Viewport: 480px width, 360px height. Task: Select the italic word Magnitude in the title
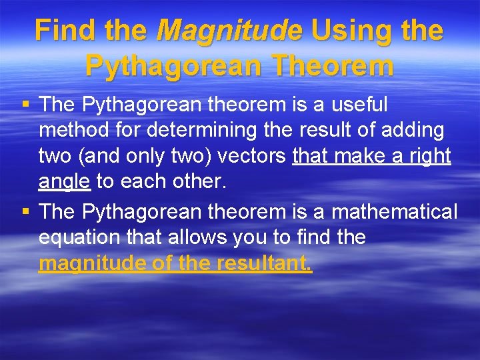(229, 31)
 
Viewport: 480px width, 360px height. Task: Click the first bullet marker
(25, 105)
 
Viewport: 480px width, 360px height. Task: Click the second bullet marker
(25, 212)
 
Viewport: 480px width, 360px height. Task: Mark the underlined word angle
(65, 181)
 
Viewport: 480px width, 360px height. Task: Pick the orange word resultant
(263, 263)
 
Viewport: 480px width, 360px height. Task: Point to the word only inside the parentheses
(147, 156)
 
